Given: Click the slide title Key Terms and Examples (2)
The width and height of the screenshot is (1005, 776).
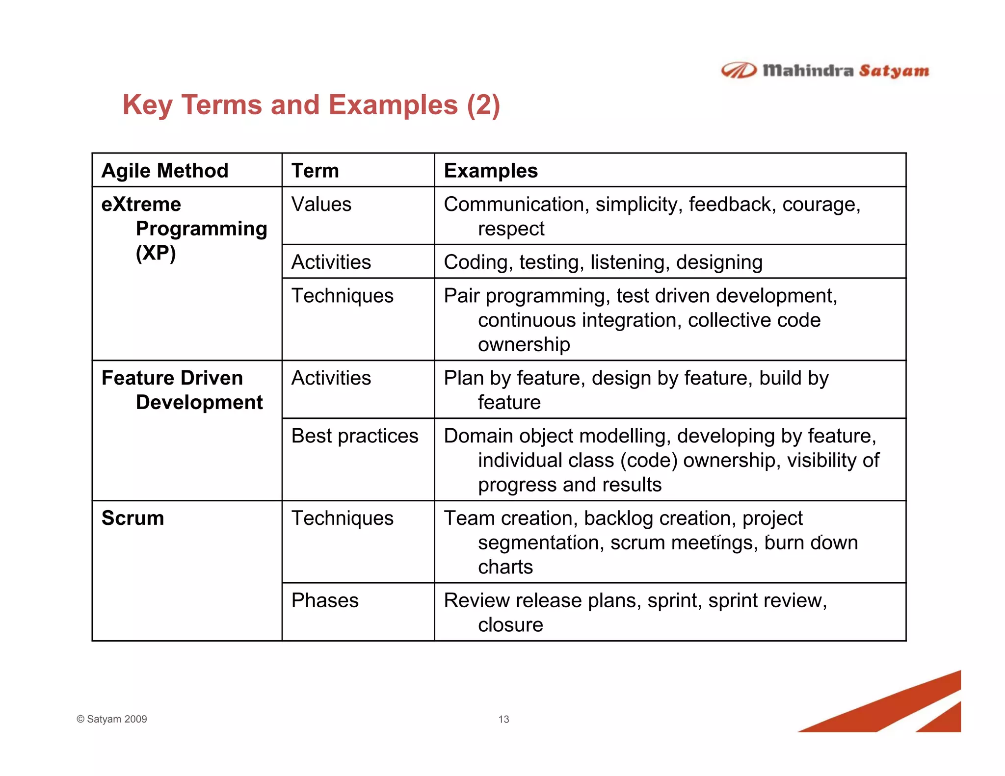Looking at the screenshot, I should [311, 105].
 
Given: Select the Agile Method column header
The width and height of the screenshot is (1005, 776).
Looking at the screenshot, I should [165, 171].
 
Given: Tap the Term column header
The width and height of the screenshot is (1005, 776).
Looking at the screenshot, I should [315, 171].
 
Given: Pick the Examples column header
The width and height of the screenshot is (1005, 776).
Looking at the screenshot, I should [491, 171].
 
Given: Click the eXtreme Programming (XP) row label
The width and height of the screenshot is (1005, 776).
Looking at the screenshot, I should [184, 229].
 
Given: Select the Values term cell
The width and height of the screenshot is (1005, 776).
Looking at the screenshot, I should [321, 205].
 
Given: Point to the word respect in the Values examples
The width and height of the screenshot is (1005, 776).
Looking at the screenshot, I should [511, 229].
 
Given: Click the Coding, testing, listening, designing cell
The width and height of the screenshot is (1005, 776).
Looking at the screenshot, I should [603, 262].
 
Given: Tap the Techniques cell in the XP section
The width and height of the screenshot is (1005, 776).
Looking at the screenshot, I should [343, 296].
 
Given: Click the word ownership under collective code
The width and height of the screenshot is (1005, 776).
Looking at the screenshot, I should [524, 344].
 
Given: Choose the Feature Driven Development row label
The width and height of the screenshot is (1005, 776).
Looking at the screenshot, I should [182, 390].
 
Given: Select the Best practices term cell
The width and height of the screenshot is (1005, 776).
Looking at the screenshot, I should [355, 436].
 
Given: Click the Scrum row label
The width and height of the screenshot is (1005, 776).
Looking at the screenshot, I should [132, 518].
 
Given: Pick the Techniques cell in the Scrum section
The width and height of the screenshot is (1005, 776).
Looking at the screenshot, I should [343, 518].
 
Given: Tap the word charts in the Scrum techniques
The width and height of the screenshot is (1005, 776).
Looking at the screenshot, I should [505, 567].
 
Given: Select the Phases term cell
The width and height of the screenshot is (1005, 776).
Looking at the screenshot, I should [325, 601].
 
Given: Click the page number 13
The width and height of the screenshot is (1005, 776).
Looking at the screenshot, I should [503, 720].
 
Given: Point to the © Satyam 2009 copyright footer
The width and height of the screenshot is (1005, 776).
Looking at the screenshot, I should [112, 719].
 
